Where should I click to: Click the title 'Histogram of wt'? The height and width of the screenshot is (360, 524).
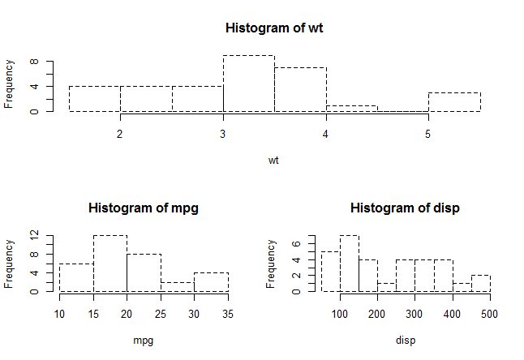(x=273, y=28)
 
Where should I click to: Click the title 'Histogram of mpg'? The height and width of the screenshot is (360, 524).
(x=143, y=208)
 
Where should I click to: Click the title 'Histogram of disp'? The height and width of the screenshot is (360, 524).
(x=405, y=208)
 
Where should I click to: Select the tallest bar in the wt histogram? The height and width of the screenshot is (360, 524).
(x=249, y=84)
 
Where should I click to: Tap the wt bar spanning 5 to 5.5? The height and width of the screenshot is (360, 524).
(x=454, y=102)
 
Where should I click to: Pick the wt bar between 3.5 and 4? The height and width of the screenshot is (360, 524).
(x=300, y=90)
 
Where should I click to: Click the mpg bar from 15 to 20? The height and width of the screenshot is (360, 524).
(x=110, y=264)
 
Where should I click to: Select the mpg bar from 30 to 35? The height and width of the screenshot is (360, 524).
(x=211, y=282)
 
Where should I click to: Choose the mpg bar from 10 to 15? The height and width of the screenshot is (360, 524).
(x=76, y=277)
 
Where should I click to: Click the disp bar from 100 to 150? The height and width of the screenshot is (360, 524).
(x=349, y=264)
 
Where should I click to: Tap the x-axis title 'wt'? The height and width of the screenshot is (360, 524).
(x=274, y=161)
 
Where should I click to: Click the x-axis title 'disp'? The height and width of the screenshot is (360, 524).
(x=406, y=341)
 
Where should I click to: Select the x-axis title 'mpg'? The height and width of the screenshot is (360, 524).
(x=143, y=341)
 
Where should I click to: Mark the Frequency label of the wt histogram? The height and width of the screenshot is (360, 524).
(x=9, y=84)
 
